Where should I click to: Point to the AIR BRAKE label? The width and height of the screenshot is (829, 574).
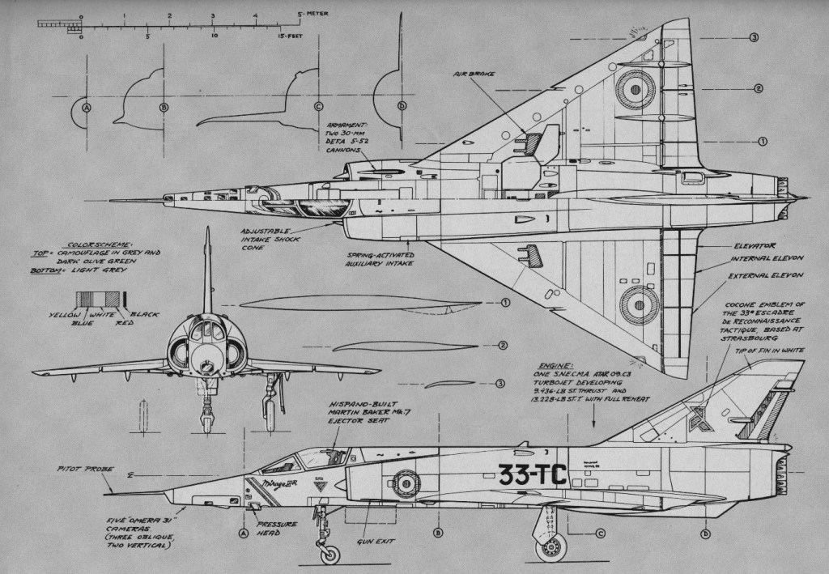[x=474, y=74]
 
